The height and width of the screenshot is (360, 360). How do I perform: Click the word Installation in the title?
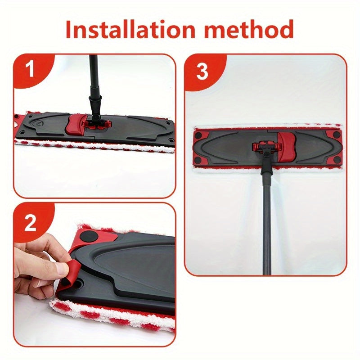click(x=130, y=29)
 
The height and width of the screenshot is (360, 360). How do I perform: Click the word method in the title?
click(x=249, y=29)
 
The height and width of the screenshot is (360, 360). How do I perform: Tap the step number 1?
click(x=30, y=69)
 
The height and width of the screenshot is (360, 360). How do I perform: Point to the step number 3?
click(x=202, y=72)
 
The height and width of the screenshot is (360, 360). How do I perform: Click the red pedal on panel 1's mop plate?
click(x=76, y=125)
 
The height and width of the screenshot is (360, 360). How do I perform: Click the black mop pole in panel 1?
click(x=94, y=85)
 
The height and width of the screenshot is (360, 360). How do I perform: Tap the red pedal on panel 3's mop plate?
click(x=287, y=147)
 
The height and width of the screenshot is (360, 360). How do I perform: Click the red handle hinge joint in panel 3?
click(x=267, y=147)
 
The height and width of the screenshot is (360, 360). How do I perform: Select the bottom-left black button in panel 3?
click(x=199, y=160)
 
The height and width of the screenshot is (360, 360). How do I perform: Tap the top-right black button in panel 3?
click(x=337, y=135)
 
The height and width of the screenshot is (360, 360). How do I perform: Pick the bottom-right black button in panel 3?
click(x=337, y=160)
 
